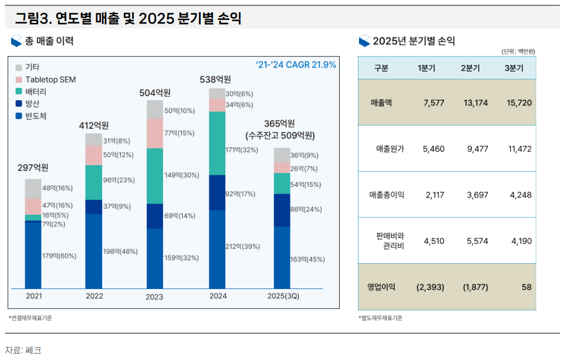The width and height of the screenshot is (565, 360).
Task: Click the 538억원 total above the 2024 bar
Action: click(x=215, y=79)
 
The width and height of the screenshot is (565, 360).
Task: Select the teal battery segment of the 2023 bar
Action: click(x=155, y=176)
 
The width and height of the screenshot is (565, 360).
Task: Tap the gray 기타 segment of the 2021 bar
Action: click(x=33, y=188)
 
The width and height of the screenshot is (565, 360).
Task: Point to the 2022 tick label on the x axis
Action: click(x=94, y=296)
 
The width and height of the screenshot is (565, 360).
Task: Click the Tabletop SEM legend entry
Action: click(x=50, y=79)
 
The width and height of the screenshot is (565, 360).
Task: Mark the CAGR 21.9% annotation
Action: click(x=296, y=64)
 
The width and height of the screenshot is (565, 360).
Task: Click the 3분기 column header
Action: click(x=513, y=68)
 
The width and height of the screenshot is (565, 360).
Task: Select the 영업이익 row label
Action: click(x=381, y=287)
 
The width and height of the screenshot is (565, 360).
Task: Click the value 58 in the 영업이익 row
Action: click(x=526, y=287)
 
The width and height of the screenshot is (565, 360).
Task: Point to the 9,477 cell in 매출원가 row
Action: click(x=475, y=149)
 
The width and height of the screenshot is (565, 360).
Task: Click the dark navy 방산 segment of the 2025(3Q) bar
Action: click(x=282, y=210)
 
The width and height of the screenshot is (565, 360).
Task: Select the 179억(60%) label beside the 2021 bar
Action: click(x=59, y=256)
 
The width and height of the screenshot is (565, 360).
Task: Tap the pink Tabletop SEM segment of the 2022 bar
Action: click(x=93, y=155)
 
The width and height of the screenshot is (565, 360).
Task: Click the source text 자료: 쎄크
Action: click(x=23, y=350)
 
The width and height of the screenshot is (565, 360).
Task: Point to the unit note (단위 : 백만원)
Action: click(x=517, y=52)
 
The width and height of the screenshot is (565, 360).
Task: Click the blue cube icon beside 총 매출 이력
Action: click(x=16, y=41)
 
